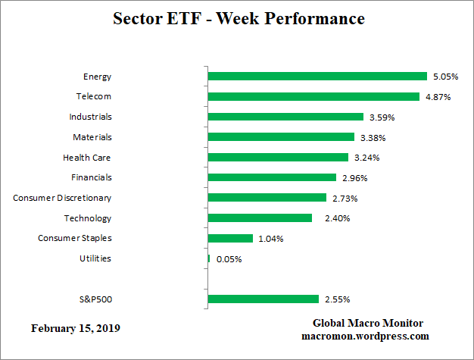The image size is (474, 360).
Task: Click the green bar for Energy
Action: (x=317, y=76)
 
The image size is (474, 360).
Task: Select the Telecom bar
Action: (x=313, y=96)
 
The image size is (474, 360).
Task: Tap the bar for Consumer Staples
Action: (x=230, y=238)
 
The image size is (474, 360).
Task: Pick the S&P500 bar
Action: (x=264, y=299)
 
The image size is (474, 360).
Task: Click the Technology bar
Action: (x=260, y=218)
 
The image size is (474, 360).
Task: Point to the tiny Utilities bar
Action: (x=209, y=258)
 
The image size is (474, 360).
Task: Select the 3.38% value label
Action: (x=371, y=137)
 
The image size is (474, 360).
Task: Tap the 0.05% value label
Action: (x=229, y=259)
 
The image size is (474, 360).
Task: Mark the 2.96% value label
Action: (x=353, y=178)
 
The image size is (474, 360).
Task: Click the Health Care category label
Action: (x=87, y=158)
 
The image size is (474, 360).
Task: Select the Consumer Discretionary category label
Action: (x=62, y=198)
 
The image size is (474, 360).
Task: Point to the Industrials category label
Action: (x=90, y=117)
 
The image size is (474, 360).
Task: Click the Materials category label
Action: (x=92, y=137)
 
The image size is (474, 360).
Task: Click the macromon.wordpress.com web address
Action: (x=365, y=336)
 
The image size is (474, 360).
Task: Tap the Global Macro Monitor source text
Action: (x=365, y=323)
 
